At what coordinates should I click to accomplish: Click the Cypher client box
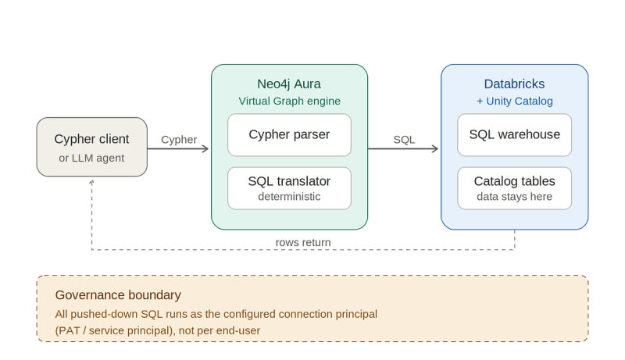point(91,147)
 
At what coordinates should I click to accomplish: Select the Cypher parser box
point(289,135)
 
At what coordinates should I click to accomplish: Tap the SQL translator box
point(289,188)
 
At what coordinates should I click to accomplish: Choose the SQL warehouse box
point(514,135)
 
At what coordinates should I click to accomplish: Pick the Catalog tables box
point(514,188)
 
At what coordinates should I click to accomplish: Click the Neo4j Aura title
point(289,84)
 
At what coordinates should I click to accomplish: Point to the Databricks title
point(514,84)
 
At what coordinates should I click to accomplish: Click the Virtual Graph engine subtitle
point(289,102)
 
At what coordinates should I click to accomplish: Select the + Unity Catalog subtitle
point(515,102)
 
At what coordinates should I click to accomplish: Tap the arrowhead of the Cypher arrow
point(205,149)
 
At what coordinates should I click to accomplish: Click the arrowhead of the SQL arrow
point(435,149)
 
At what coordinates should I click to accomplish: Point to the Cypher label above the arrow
point(179,140)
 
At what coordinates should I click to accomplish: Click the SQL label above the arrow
point(404,140)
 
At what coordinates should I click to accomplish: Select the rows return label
point(303,242)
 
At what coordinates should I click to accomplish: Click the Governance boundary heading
point(118,295)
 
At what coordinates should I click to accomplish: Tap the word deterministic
point(289,196)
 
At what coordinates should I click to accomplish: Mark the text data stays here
point(514,196)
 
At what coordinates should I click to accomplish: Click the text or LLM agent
point(91,158)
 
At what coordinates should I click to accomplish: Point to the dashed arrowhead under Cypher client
point(91,182)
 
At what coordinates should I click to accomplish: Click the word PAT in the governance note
point(69,330)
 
